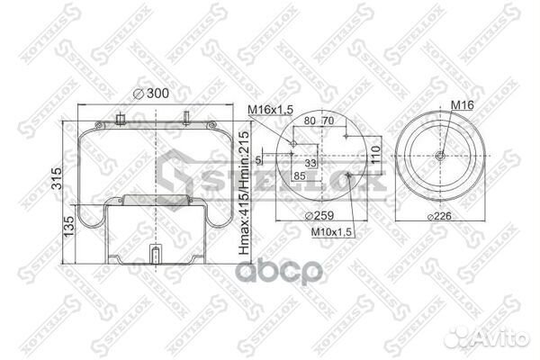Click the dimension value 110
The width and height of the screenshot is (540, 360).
375,156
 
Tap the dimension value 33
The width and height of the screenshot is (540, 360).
310,164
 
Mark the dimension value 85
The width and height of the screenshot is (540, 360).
299,176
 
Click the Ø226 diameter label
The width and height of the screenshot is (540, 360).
439,215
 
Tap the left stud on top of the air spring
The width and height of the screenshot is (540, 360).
120,118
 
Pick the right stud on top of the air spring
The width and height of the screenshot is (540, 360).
184,117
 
